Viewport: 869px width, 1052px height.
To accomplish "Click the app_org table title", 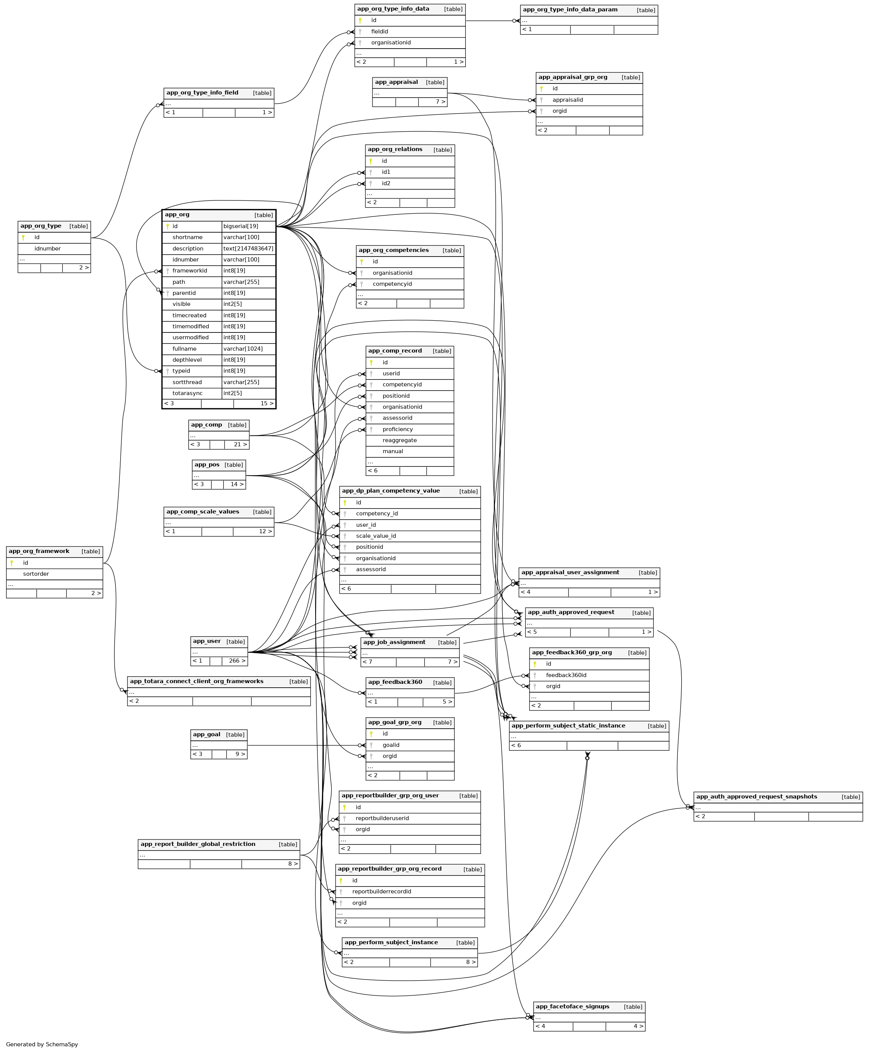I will coord(177,215).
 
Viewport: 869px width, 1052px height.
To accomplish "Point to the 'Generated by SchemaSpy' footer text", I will coord(42,1044).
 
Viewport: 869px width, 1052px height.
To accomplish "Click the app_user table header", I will coord(207,641).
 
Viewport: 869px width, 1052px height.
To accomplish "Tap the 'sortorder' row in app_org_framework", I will coord(36,574).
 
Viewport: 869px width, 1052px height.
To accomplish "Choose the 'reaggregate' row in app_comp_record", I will coord(399,441).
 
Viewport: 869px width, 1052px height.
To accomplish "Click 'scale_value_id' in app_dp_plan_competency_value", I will coord(376,536).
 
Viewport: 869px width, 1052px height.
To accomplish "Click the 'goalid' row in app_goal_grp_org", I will coord(391,745).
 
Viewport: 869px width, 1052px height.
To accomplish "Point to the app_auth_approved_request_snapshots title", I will coord(756,797).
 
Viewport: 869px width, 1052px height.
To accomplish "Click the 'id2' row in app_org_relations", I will coord(386,184).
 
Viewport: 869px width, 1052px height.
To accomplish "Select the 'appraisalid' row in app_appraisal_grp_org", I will coord(568,100).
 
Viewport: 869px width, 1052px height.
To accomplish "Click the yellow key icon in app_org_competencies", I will coord(361,262).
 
